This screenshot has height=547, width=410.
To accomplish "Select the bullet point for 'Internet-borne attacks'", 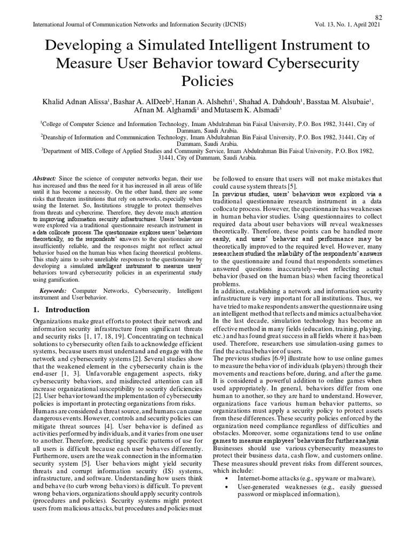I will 228,478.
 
